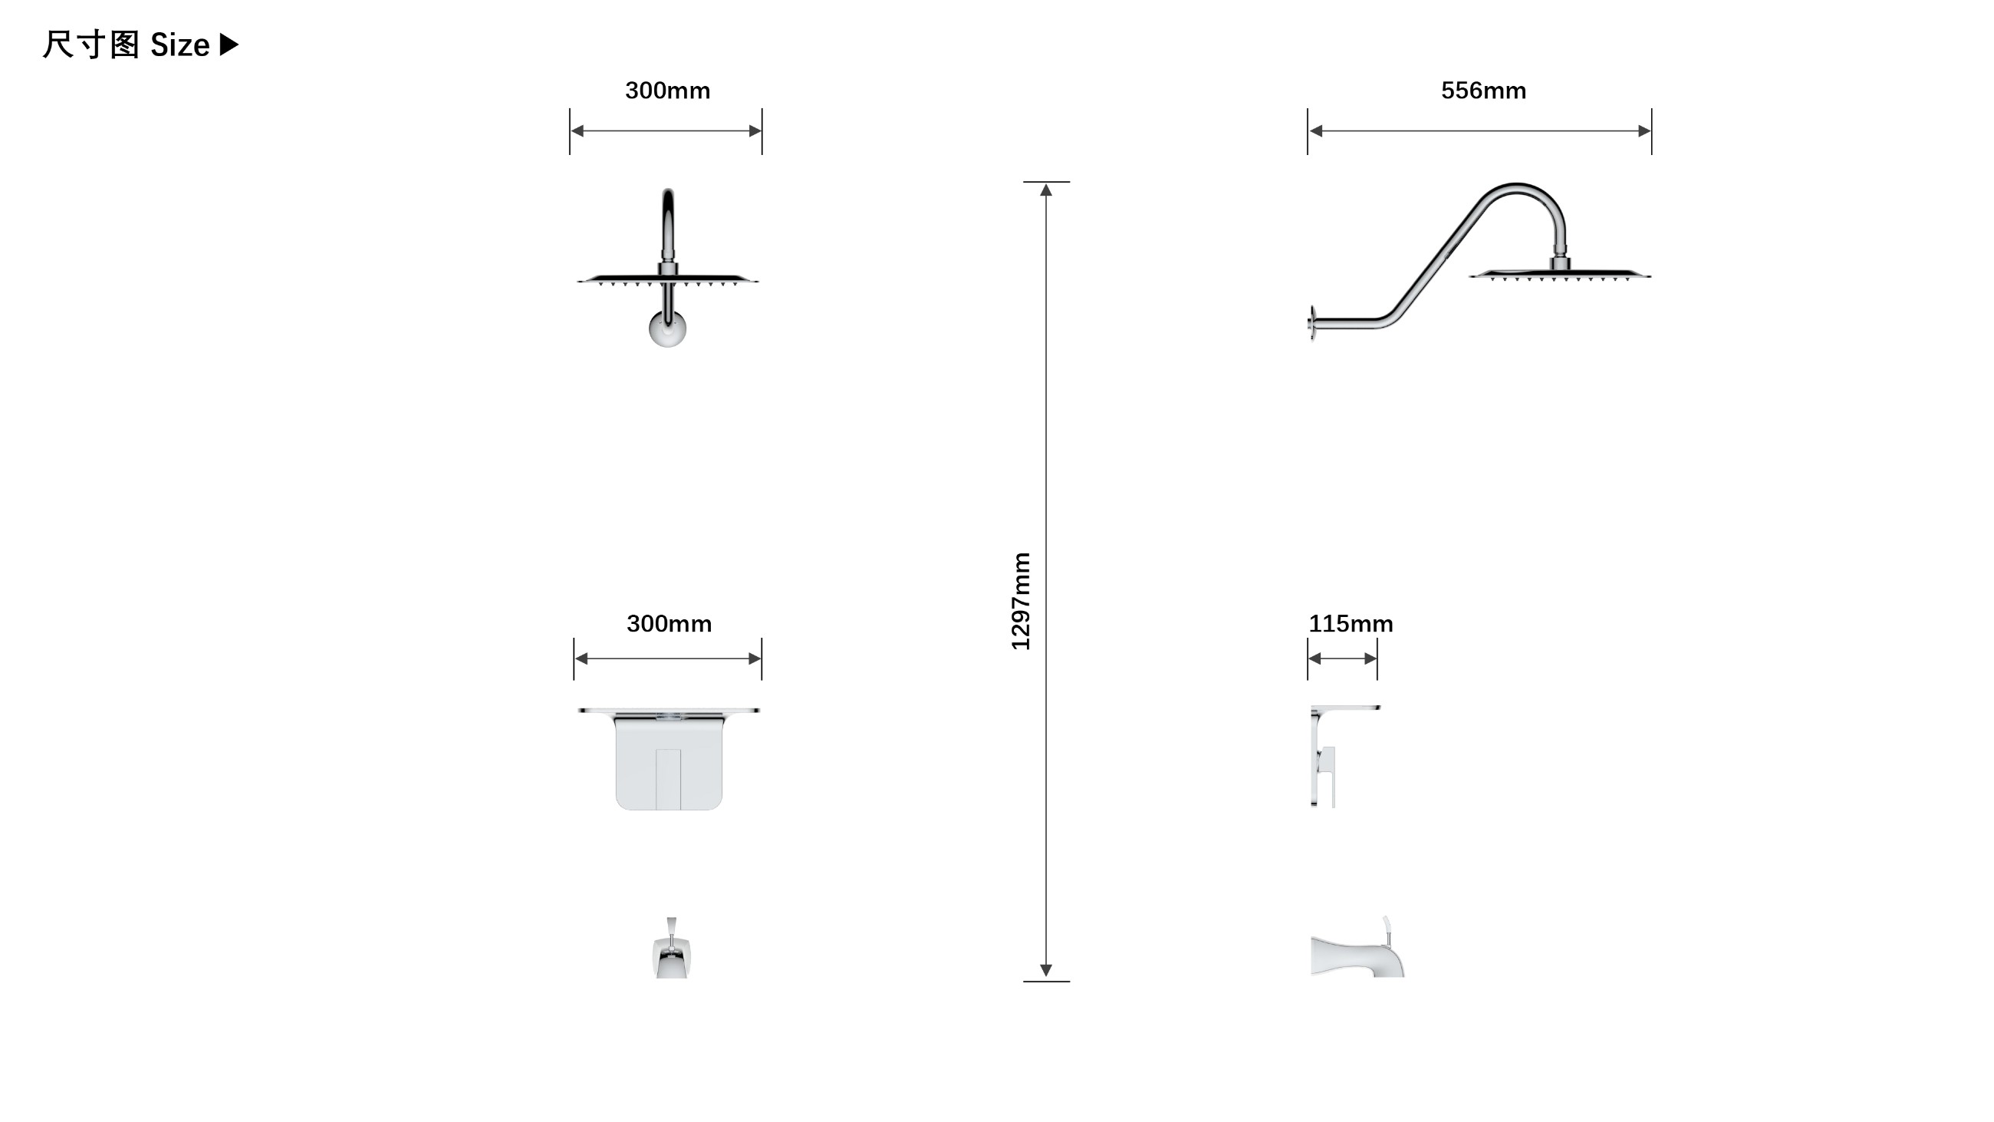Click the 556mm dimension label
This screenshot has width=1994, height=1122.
tap(1483, 91)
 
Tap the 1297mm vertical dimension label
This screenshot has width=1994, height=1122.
tap(1021, 601)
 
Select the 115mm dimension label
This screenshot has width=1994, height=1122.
tap(1351, 623)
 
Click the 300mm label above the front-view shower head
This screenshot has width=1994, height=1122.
tap(667, 91)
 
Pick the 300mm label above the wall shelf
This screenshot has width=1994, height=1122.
tap(669, 623)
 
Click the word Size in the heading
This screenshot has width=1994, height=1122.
tap(179, 46)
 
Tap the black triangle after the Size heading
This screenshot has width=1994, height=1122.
tap(229, 45)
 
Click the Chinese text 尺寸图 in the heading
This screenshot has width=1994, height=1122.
tap(90, 45)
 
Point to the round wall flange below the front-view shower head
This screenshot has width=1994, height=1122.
tap(667, 328)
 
